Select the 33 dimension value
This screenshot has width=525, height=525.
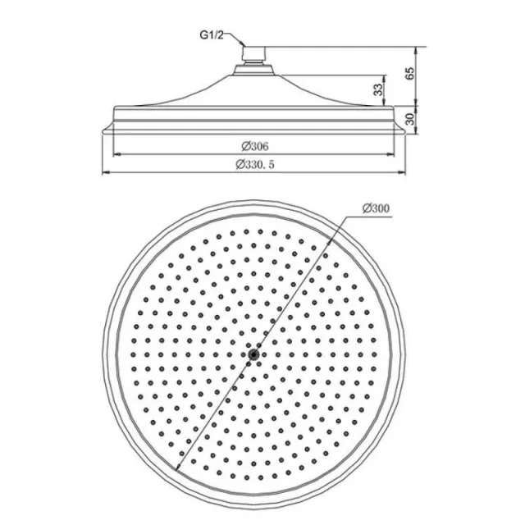point(378,89)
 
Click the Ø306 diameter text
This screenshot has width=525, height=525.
point(255,145)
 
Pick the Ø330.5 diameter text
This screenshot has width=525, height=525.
point(255,164)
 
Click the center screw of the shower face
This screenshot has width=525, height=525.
point(256,354)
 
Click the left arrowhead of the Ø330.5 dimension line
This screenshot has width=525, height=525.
point(104,172)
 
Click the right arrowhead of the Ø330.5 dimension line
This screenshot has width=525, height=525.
point(407,172)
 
